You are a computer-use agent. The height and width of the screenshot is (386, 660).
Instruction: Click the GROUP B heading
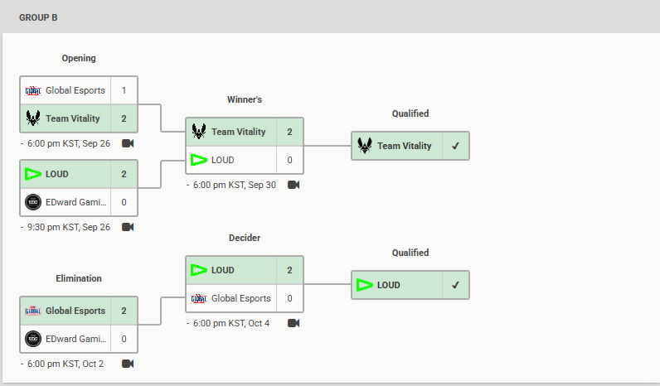(38, 17)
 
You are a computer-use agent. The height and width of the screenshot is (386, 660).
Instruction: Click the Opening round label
(79, 58)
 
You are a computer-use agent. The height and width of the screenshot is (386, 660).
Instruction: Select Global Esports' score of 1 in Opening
(124, 90)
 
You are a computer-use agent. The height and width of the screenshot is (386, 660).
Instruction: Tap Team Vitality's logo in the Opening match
(33, 118)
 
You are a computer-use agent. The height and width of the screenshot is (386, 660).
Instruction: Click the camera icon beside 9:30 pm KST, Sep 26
(128, 227)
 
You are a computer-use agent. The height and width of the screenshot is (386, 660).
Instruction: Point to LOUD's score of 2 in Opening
(124, 174)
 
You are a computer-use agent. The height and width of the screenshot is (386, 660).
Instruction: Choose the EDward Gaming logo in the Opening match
(33, 202)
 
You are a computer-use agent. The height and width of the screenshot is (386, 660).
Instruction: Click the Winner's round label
(245, 99)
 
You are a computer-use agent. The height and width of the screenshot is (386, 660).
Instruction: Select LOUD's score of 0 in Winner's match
(289, 160)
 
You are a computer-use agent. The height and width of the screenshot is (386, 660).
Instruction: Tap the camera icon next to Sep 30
(294, 185)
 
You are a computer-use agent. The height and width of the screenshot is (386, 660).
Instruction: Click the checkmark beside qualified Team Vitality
(455, 146)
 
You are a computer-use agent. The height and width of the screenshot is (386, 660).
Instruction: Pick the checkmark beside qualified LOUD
(455, 285)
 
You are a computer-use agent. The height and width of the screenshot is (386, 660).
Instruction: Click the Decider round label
(245, 238)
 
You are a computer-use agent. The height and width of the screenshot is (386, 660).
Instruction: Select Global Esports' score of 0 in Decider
(289, 298)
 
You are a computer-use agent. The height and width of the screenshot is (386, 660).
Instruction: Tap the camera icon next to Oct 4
(294, 323)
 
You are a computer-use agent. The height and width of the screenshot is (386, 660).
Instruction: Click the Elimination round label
(79, 278)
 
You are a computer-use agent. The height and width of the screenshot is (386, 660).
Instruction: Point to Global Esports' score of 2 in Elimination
(124, 311)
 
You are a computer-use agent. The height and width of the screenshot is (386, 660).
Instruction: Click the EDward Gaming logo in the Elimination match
(33, 339)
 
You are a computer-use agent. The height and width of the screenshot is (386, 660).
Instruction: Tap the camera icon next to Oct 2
(128, 364)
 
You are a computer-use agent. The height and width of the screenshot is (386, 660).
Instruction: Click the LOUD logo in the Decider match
(199, 270)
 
